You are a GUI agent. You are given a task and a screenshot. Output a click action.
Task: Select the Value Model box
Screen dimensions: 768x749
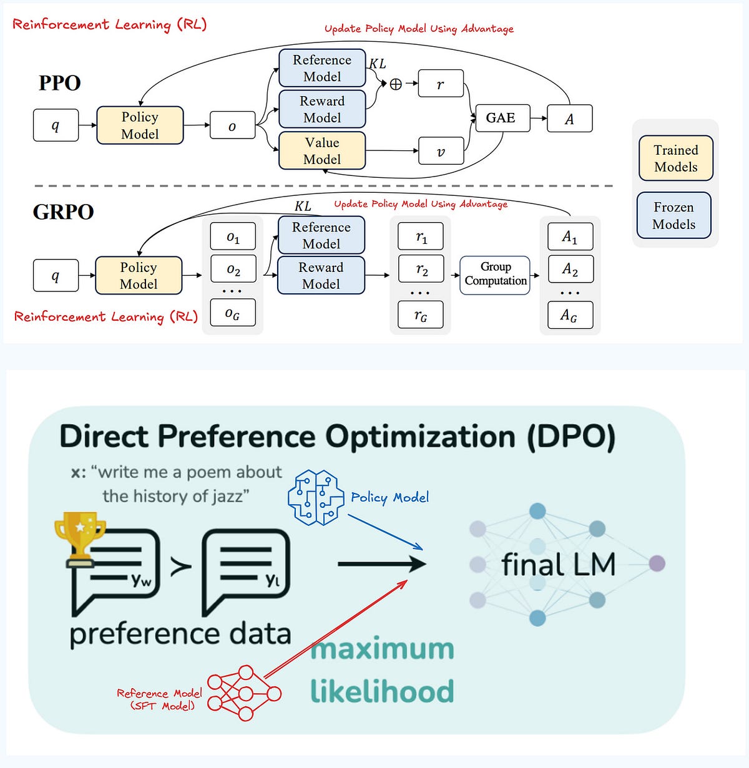321,151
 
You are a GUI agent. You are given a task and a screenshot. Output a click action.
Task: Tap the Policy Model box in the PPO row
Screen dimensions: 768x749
140,125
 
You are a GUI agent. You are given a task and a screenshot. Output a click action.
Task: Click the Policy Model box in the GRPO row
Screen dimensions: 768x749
139,276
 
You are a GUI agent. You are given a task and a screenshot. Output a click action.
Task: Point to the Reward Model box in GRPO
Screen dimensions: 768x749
321,276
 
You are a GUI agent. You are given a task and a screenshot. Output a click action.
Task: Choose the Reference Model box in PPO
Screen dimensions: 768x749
321,68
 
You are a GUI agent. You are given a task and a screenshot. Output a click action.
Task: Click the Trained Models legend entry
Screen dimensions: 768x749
675,158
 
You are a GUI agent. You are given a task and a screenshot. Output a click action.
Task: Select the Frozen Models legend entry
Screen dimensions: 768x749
674,216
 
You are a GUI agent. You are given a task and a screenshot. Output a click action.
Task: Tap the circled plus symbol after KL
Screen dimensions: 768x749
396,84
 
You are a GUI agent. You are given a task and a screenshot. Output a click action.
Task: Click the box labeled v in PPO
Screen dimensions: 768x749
441,152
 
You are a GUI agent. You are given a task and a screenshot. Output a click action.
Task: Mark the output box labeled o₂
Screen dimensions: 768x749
233,270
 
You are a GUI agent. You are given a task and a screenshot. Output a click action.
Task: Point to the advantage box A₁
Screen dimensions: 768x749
570,237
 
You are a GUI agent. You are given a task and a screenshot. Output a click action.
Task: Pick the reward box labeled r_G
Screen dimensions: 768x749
421,316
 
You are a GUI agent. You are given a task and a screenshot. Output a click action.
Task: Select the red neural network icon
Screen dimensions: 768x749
244,693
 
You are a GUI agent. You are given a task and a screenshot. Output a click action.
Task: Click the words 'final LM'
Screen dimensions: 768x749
558,565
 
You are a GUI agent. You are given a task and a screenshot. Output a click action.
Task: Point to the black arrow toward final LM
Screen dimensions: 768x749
381,565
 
